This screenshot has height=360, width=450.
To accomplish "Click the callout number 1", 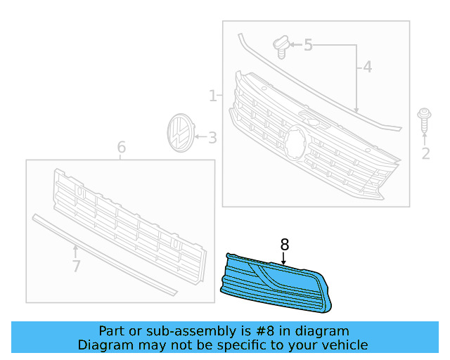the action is point(212,96).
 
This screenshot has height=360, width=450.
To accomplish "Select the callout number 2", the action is point(425,154).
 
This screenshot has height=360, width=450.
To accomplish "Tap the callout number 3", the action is point(212,139).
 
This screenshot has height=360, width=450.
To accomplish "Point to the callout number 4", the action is point(367,68).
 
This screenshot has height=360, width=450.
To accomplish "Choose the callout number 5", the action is point(308,46).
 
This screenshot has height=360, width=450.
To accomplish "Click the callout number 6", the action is point(121,148).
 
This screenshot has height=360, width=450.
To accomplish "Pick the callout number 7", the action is point(76,266).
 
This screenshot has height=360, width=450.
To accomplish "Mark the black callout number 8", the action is point(284,245).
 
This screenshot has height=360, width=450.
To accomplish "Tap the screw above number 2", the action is point(424,119).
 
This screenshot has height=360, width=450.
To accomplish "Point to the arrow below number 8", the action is point(284,259).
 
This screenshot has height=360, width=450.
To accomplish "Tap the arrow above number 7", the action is point(76,250).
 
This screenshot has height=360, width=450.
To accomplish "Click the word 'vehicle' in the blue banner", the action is point(342,345).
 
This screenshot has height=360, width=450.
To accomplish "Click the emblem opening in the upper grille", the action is point(295,144).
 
